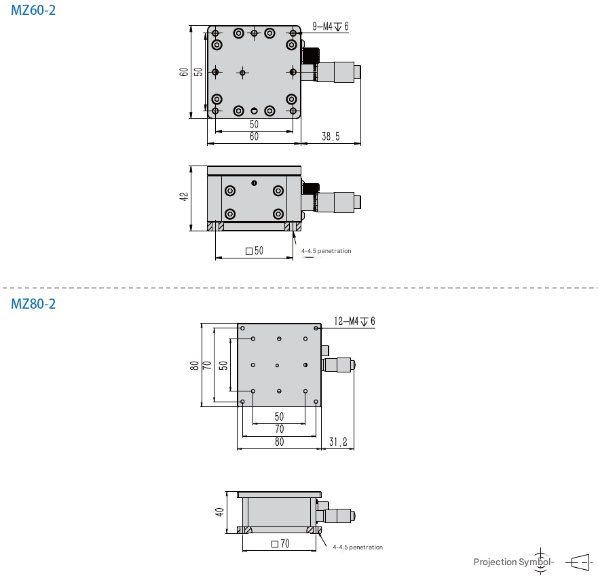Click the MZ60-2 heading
pyautogui.click(x=33, y=11)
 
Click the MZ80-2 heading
pyautogui.click(x=33, y=304)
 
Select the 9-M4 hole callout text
pyautogui.click(x=331, y=26)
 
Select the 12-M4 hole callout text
pyautogui.click(x=355, y=321)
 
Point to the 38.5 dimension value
pyautogui.click(x=331, y=137)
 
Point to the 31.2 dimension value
pyautogui.click(x=338, y=442)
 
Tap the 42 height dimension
pyautogui.click(x=183, y=197)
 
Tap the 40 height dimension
pyautogui.click(x=219, y=512)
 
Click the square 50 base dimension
pyautogui.click(x=255, y=251)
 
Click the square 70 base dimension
pyautogui.click(x=280, y=543)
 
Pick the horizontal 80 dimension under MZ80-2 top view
pyautogui.click(x=279, y=442)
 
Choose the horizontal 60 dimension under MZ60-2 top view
pyautogui.click(x=254, y=137)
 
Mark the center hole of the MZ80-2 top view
pyautogui.click(x=278, y=366)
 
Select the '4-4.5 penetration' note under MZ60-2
pyautogui.click(x=326, y=251)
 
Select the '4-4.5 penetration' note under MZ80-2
pyautogui.click(x=358, y=547)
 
